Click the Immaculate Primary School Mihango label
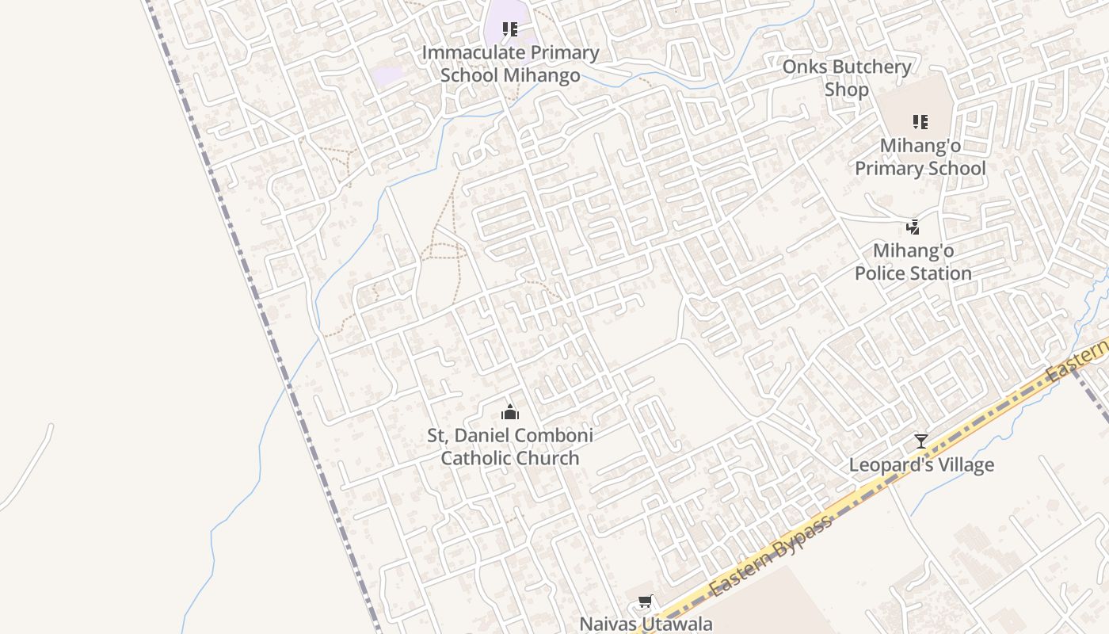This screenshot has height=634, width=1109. click(510, 64)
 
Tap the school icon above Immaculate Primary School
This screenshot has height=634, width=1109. click(510, 30)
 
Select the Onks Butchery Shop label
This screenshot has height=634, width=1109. click(846, 78)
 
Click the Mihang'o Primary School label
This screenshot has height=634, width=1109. click(920, 157)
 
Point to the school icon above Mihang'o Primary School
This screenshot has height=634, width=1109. click(920, 122)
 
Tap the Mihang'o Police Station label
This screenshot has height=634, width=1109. click(913, 262)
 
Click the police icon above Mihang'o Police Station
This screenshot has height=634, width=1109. click(913, 227)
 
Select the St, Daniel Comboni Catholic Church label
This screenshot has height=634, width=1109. click(510, 447)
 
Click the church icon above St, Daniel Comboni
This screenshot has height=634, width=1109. click(510, 412)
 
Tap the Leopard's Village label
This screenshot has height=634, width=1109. click(921, 465)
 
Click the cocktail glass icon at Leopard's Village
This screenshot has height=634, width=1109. click(920, 441)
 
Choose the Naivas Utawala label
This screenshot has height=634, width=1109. click(646, 624)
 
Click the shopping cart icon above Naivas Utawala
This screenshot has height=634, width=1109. click(646, 602)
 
